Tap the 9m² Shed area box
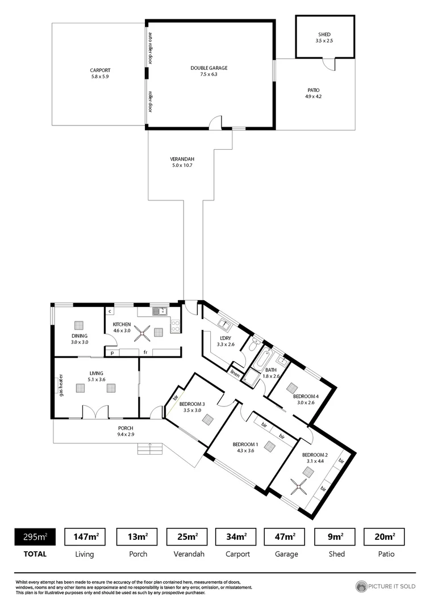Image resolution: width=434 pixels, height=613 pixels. coord(335,536)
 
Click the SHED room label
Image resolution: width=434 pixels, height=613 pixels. coord(324,37)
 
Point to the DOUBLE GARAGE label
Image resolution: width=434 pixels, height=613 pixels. coord(208,71)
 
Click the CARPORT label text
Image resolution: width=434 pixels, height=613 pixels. coord(99,73)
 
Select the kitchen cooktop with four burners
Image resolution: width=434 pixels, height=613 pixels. coord(176,326)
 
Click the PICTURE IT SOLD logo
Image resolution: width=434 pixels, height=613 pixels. coord(386,586)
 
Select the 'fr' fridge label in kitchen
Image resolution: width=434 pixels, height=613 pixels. coord(145,352)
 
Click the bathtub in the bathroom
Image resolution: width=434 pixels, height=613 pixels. coord(261,360)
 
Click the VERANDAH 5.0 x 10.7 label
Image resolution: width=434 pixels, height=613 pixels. coord(182,162)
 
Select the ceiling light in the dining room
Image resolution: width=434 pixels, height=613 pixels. coord(78,325)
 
